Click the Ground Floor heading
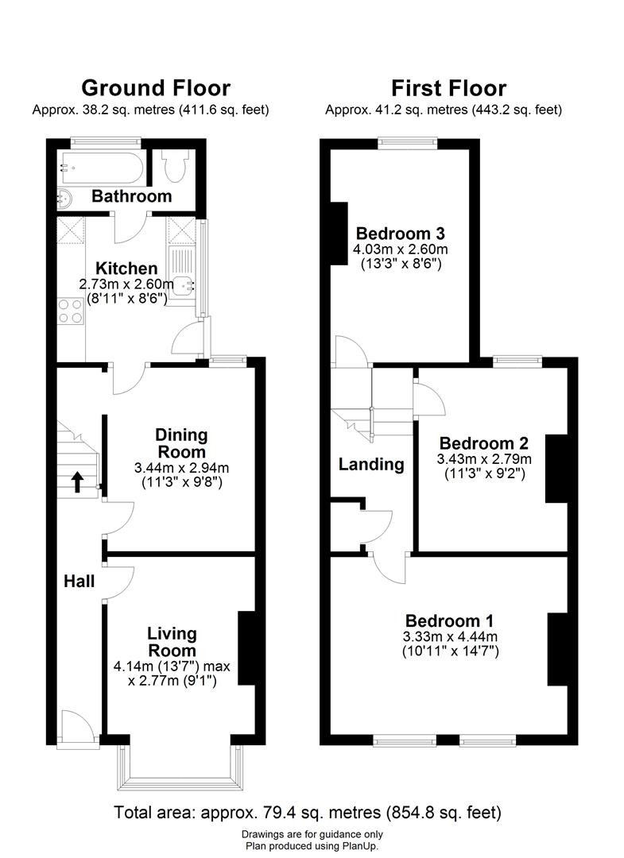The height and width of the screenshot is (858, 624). coord(156,87)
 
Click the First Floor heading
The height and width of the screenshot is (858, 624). coord(449,87)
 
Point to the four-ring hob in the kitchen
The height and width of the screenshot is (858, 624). coord(71,309)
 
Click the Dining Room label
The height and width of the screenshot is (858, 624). coord(181,443)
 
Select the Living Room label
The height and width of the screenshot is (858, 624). coord(172,641)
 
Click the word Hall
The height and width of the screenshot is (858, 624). coord(79,582)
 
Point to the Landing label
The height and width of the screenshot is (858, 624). coord(371,465)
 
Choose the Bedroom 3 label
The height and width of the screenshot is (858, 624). coord(400,234)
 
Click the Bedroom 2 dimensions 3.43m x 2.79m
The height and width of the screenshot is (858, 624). coord(484,459)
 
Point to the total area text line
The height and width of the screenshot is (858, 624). coord(308,813)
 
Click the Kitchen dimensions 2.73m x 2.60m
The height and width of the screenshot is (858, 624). coord(126,284)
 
